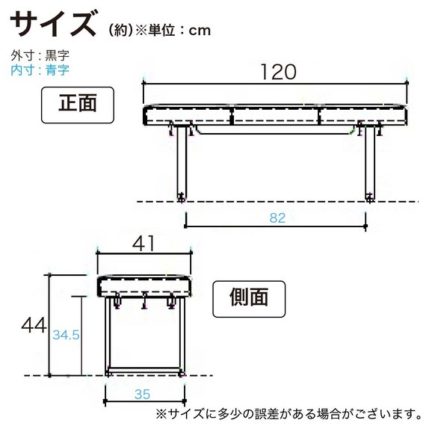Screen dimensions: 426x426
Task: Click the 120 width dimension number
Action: pos(278,72)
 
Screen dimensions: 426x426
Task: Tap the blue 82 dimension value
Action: pos(277,218)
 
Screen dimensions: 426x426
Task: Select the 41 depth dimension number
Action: pos(143,244)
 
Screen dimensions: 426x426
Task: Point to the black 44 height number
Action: pos(34,325)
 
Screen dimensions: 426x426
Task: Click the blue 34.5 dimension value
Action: pos(66,335)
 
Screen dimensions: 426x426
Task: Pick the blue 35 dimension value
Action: pos(142,394)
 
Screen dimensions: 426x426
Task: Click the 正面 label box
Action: pos(78,105)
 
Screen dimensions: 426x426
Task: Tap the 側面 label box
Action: pos(249,299)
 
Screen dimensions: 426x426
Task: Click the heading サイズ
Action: pos(53,24)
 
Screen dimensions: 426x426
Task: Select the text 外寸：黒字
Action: pos(40,56)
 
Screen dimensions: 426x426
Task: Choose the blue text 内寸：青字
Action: pos(40,70)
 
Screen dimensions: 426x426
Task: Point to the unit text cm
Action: pos(200,31)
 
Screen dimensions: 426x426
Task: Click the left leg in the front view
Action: pos(182,164)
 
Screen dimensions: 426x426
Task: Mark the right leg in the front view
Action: pos(369,164)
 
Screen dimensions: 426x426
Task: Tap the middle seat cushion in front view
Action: pos(275,115)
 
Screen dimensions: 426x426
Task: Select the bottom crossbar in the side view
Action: pos(145,370)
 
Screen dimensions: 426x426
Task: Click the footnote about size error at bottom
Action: pos(288,414)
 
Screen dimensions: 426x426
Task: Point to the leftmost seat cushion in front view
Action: pos(187,115)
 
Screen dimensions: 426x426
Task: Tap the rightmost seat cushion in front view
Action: pos(363,115)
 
